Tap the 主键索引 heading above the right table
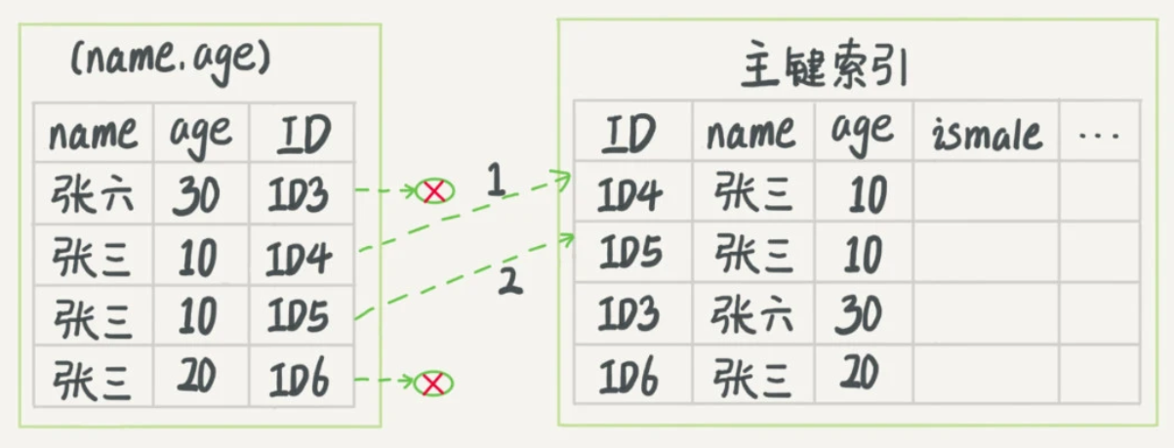[x=826, y=69]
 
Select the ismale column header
[x=987, y=133]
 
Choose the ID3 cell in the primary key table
[x=630, y=314]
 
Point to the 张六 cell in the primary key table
[x=751, y=314]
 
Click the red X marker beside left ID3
[x=434, y=192]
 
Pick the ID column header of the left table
[x=302, y=134]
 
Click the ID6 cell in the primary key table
[x=630, y=374]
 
